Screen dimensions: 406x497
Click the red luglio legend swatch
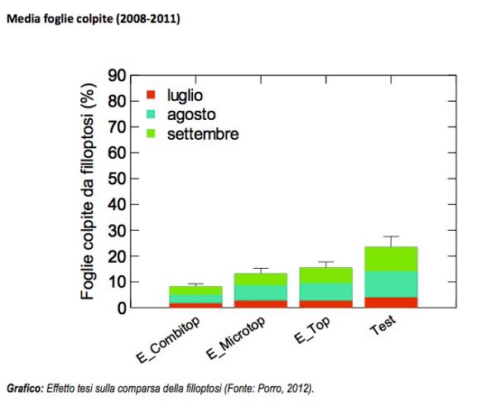pos(151,95)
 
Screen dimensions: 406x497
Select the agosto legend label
pos(194,114)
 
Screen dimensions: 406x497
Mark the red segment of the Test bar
pos(389,303)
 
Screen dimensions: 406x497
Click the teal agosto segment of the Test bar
pos(389,284)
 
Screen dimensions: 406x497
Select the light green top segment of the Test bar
pos(389,259)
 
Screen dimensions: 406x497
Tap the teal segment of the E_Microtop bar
pos(260,293)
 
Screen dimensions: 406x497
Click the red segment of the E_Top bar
pos(325,304)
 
